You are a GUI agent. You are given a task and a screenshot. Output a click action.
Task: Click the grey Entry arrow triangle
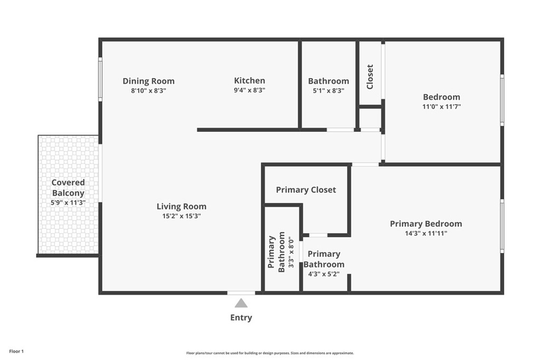[x=241, y=303]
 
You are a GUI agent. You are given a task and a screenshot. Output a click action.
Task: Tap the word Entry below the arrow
[x=241, y=318]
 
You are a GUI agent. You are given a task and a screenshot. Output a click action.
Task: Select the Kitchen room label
[x=249, y=81]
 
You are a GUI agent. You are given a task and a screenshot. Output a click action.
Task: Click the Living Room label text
[x=181, y=207]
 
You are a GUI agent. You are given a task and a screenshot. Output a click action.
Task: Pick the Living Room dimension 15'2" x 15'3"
[x=181, y=216]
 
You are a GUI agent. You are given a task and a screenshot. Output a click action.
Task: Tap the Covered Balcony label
[x=68, y=188]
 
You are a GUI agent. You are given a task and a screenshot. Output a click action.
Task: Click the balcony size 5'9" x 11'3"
[x=68, y=202]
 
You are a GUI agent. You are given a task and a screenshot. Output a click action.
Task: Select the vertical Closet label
[x=370, y=76]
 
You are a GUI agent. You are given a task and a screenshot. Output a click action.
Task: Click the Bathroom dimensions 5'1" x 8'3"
[x=329, y=91]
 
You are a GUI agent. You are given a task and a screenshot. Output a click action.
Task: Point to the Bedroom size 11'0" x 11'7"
[x=441, y=106]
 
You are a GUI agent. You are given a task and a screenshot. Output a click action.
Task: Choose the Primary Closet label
[x=306, y=190]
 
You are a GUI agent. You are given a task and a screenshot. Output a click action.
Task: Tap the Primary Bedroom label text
[x=426, y=224]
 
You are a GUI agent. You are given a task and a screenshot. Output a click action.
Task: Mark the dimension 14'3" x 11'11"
[x=426, y=233]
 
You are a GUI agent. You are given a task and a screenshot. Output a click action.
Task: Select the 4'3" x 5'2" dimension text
[x=324, y=274]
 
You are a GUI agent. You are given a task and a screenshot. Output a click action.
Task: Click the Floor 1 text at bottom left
[x=16, y=351]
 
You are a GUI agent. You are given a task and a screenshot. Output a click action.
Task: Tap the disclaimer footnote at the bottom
[x=269, y=353]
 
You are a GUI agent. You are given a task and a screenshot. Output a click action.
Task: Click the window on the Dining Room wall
[x=100, y=79]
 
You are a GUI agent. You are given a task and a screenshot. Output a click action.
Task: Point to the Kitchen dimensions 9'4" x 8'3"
[x=249, y=91]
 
